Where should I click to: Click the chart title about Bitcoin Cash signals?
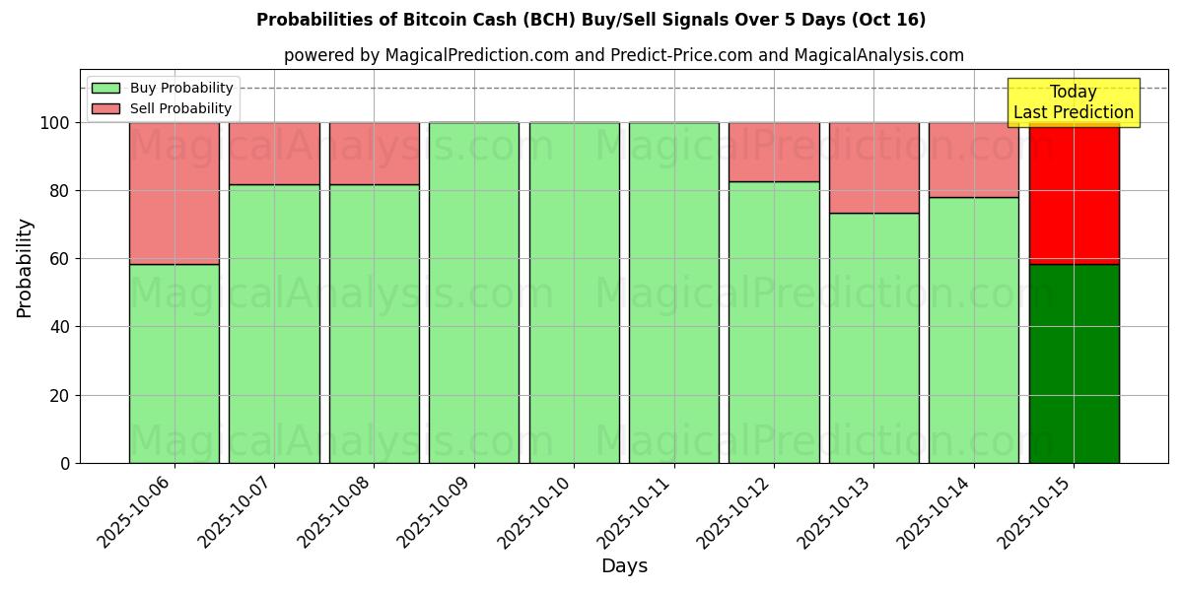point(591,20)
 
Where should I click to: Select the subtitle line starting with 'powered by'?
point(623,55)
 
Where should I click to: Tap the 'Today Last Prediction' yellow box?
point(1073,102)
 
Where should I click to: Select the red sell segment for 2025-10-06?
point(174,193)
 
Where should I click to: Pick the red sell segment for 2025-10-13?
point(873,167)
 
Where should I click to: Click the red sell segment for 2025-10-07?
point(274,154)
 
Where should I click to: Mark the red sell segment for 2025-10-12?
point(774,152)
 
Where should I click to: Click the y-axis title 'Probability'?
point(25,268)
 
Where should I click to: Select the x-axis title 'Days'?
point(624,566)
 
